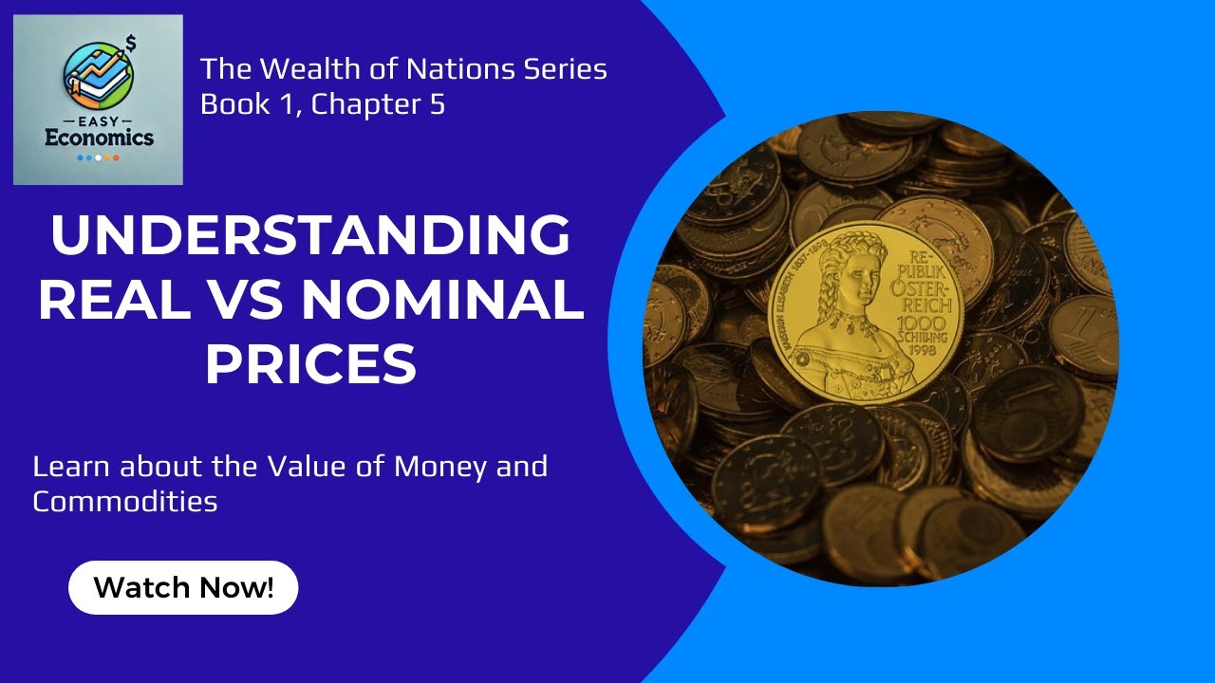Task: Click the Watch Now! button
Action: pos(183,587)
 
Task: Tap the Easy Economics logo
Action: pos(98,100)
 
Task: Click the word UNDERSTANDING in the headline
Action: pos(310,237)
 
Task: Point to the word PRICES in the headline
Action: pos(310,363)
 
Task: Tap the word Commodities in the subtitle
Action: pos(124,501)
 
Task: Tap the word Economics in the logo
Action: pos(98,138)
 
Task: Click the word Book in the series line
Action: pos(228,104)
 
